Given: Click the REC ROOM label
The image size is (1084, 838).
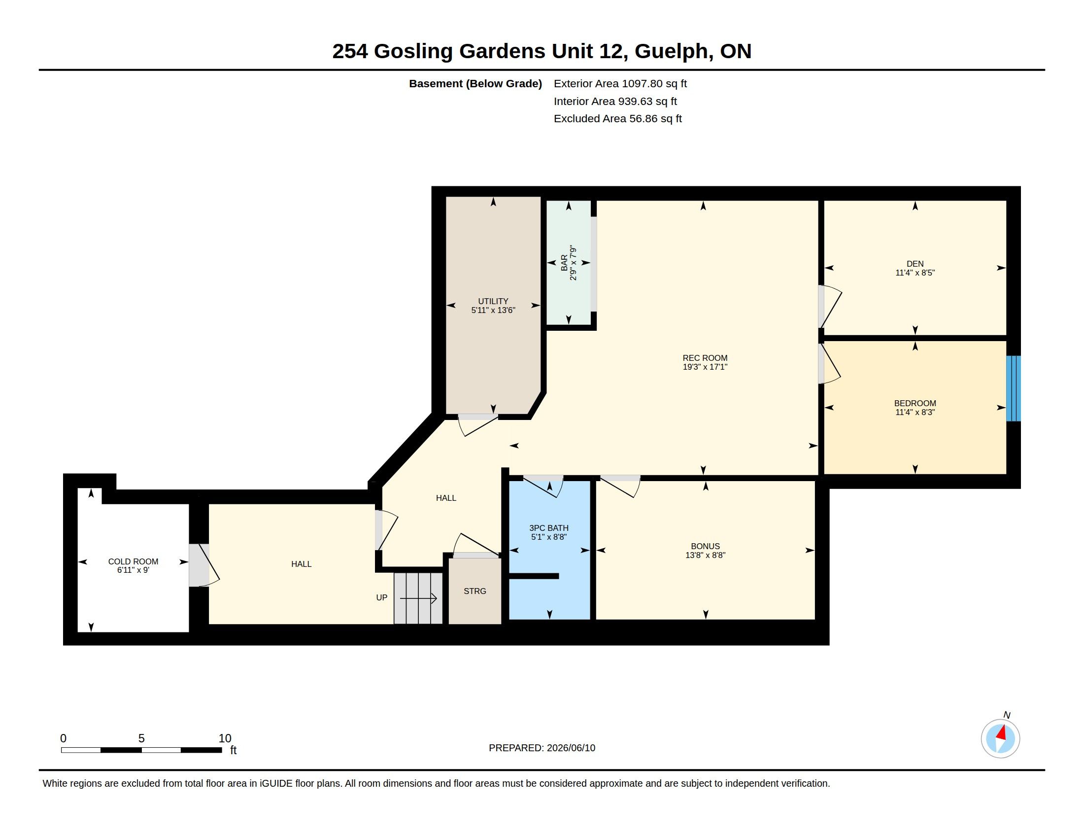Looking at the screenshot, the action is pyautogui.click(x=705, y=358).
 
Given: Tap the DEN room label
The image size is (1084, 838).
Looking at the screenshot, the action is pyautogui.click(x=915, y=264).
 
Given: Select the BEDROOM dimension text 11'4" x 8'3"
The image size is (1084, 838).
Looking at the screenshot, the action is pyautogui.click(x=915, y=412).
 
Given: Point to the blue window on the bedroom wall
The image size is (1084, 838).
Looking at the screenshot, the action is pyautogui.click(x=1013, y=388).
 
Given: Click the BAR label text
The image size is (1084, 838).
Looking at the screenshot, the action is pyautogui.click(x=564, y=263).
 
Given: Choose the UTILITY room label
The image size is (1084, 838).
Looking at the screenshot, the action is pyautogui.click(x=493, y=301).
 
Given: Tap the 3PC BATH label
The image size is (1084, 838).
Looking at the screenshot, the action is pyautogui.click(x=548, y=528).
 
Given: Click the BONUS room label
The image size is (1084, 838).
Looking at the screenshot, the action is pyautogui.click(x=705, y=546).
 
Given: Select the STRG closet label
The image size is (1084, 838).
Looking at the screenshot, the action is pyautogui.click(x=474, y=591).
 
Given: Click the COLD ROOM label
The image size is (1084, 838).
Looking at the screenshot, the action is pyautogui.click(x=133, y=561).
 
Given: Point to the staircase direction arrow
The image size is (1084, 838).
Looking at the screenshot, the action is pyautogui.click(x=418, y=599).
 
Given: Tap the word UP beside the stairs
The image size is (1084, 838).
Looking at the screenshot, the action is pyautogui.click(x=381, y=598).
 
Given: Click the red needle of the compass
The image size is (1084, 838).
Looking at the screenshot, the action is pyautogui.click(x=1002, y=733).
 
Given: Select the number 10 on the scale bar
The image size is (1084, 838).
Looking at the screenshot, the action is pyautogui.click(x=225, y=738).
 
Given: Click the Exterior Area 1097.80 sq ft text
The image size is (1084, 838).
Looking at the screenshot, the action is pyautogui.click(x=620, y=83).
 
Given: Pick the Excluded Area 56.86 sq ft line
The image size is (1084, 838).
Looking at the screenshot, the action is pyautogui.click(x=617, y=119).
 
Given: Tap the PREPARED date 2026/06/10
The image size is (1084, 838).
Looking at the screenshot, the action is pyautogui.click(x=571, y=748).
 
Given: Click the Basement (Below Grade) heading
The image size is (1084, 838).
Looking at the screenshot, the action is pyautogui.click(x=475, y=84).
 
